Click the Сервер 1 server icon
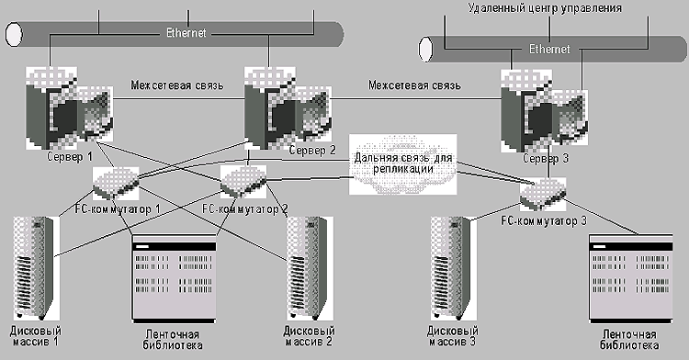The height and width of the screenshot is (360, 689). [x=69, y=108]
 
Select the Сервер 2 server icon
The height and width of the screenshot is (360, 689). [x=288, y=108]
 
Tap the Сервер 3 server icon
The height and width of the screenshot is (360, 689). [x=544, y=110]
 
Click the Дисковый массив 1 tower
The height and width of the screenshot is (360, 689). [x=34, y=268]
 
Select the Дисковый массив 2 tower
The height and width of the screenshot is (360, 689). [x=309, y=268]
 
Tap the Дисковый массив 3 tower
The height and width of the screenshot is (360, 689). [x=453, y=268]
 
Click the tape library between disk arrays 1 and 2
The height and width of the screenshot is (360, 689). [x=174, y=279]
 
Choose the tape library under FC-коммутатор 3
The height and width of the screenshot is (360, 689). [x=630, y=279]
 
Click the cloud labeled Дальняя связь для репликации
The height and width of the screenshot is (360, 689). [x=403, y=164]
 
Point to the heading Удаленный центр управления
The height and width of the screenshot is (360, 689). [x=545, y=8]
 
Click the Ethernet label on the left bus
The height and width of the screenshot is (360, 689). [x=186, y=33]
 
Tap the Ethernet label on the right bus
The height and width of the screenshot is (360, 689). [x=549, y=49]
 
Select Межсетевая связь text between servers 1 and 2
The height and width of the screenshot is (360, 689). [x=177, y=84]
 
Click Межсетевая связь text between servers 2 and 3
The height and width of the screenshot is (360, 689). [x=415, y=84]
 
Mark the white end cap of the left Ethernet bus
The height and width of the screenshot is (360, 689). [x=14, y=34]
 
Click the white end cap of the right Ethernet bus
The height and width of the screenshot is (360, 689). [x=425, y=50]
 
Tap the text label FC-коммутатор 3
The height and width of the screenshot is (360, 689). [x=544, y=220]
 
